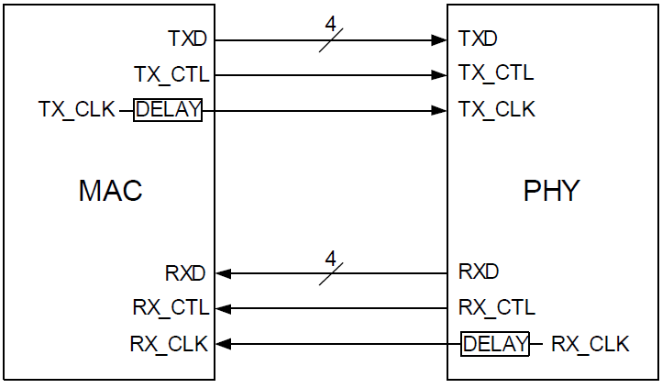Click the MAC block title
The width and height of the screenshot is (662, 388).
point(110,191)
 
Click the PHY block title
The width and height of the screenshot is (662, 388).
point(551,191)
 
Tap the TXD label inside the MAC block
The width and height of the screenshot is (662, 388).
point(188,39)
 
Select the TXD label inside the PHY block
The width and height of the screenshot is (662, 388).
point(478,39)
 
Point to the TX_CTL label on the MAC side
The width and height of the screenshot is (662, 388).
point(171,74)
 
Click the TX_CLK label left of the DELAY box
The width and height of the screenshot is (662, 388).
point(77,110)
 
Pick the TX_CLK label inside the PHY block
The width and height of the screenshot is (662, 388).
point(497,110)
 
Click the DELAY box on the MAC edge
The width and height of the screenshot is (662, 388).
point(168,110)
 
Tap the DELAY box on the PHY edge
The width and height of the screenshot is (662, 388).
point(495,344)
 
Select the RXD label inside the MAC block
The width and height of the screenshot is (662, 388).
point(186,272)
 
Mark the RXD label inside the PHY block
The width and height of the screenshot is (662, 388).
point(479,272)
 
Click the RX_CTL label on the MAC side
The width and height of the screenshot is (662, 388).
point(170,307)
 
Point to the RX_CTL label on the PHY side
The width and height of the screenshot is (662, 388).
point(497,307)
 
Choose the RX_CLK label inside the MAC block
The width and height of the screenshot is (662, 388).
point(169,344)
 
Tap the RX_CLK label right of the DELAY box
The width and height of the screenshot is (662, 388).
point(590,344)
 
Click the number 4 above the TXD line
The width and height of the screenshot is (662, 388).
point(330,23)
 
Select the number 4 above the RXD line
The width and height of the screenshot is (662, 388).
point(330,257)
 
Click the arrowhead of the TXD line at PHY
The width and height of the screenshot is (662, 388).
point(440,40)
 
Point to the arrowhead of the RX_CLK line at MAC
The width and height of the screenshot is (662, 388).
point(223,344)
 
